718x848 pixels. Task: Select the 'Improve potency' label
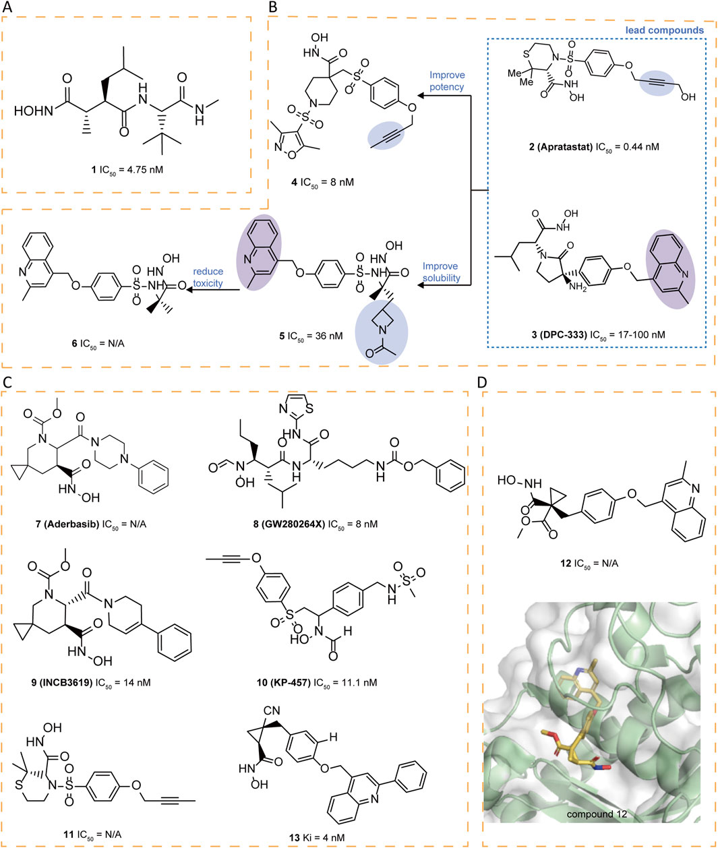(447, 81)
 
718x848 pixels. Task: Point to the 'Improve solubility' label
(442, 272)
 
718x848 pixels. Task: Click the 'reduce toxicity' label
(208, 277)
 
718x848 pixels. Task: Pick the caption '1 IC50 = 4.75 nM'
(127, 169)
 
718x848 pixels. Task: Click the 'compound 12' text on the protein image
(597, 814)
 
